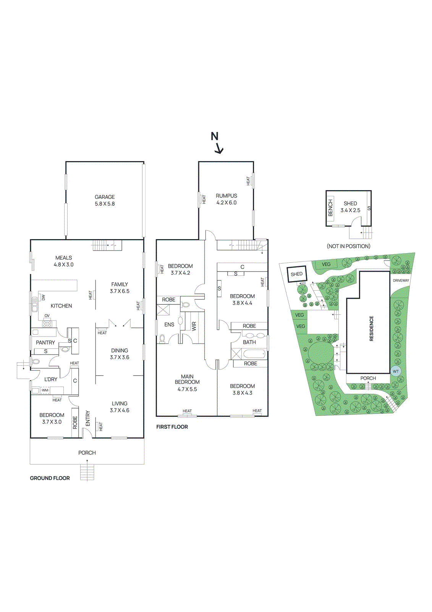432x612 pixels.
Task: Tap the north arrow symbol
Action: pyautogui.click(x=217, y=143)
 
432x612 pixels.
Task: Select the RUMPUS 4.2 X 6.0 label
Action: pyautogui.click(x=227, y=199)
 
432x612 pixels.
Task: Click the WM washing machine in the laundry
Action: pyautogui.click(x=45, y=391)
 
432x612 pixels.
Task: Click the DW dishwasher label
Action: pyautogui.click(x=43, y=297)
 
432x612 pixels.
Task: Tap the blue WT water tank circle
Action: pyautogui.click(x=396, y=371)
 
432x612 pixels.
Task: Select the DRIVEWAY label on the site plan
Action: pyautogui.click(x=401, y=280)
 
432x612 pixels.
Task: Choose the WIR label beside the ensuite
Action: pyautogui.click(x=194, y=326)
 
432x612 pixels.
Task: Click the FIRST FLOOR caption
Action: pyautogui.click(x=172, y=427)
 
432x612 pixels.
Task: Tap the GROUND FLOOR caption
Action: pyautogui.click(x=50, y=478)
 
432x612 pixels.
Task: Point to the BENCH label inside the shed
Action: pyautogui.click(x=331, y=208)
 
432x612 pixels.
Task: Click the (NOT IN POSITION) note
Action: pyautogui.click(x=348, y=246)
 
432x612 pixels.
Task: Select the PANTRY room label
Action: pyautogui.click(x=45, y=343)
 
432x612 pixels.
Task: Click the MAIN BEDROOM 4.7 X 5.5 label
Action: pyautogui.click(x=187, y=383)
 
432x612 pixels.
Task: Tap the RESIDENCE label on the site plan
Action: pyautogui.click(x=371, y=328)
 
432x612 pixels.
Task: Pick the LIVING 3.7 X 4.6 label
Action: pyautogui.click(x=120, y=407)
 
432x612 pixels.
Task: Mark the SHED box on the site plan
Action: pyautogui.click(x=296, y=274)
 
